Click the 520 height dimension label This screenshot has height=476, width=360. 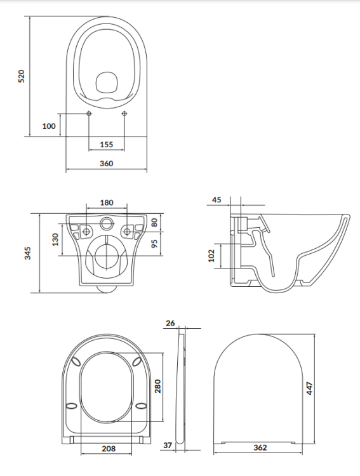(21, 77)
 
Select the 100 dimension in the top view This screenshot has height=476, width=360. (49, 126)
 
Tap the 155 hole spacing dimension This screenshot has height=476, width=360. (107, 145)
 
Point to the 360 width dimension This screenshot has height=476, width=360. (107, 164)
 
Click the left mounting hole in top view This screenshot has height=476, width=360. (89, 114)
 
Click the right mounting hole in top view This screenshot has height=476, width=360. (124, 114)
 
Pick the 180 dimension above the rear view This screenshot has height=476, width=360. (107, 202)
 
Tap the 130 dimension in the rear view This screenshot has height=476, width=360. (55, 240)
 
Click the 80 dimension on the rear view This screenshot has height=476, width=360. (154, 223)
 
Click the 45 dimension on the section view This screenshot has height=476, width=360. (217, 200)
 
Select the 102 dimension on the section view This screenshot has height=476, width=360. (212, 255)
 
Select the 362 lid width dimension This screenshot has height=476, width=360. (259, 447)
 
